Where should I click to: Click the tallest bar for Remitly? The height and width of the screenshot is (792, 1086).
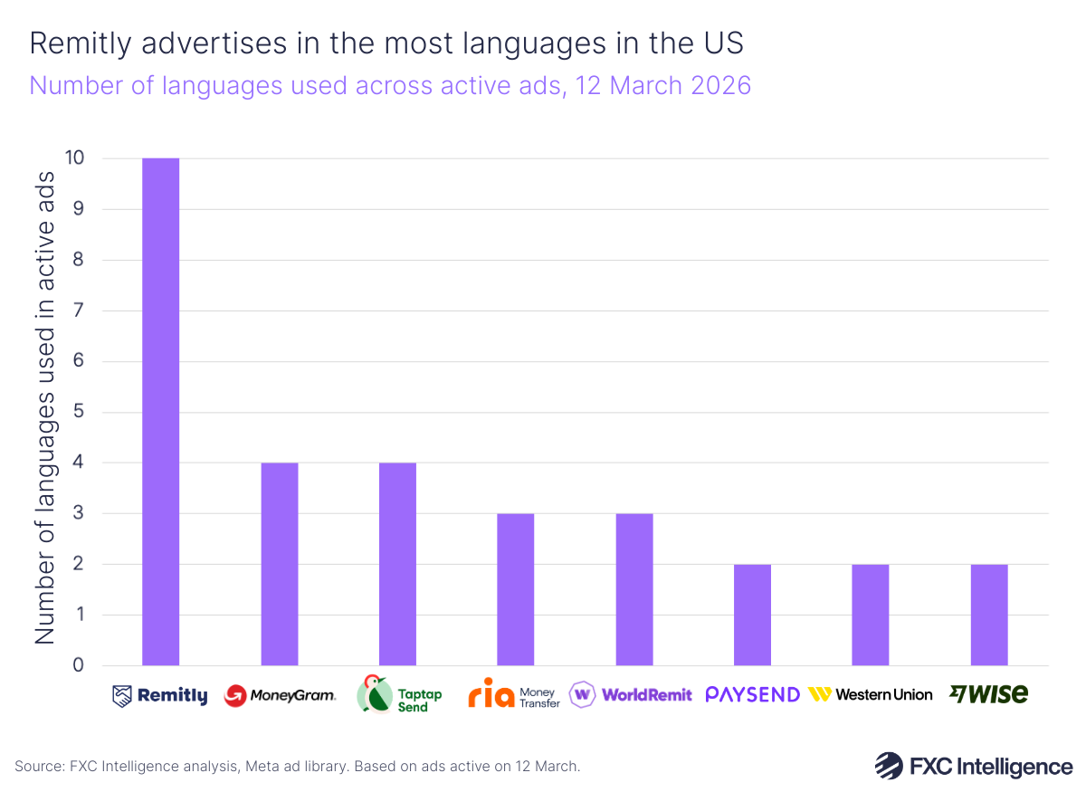click(x=160, y=412)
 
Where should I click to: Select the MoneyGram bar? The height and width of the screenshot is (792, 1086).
click(x=280, y=564)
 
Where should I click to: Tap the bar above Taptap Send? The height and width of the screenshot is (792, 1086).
click(x=397, y=564)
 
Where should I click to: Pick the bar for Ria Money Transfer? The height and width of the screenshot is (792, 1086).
click(x=516, y=589)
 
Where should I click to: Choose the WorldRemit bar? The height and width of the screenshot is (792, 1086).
click(x=634, y=589)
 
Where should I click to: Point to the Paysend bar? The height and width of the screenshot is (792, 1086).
click(x=752, y=615)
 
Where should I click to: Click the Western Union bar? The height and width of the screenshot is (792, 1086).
click(x=871, y=615)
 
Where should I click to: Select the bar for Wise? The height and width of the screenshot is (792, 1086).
click(x=989, y=615)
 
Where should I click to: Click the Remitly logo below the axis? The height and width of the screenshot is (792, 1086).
click(x=160, y=695)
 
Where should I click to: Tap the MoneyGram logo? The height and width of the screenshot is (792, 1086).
click(x=280, y=695)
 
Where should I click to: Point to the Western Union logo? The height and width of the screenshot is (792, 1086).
click(x=871, y=694)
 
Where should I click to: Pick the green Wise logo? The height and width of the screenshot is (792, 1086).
click(x=988, y=694)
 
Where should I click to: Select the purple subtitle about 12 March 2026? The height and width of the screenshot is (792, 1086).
click(x=390, y=85)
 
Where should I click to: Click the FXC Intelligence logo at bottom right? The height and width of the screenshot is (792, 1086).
click(x=973, y=766)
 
